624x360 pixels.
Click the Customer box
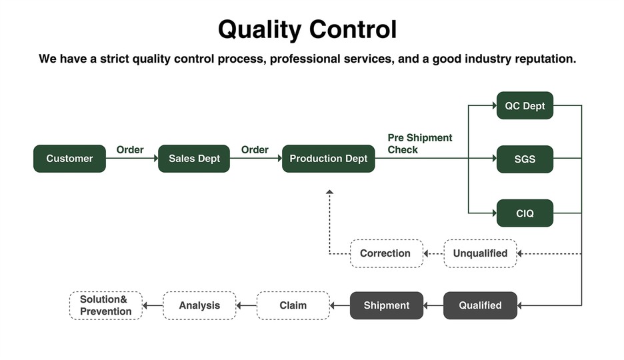click(69, 159)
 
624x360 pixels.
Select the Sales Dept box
click(194, 159)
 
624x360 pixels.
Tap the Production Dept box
click(328, 159)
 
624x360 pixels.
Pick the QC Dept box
click(525, 105)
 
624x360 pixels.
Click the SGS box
click(525, 159)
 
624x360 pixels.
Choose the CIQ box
click(525, 213)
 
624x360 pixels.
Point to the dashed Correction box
click(386, 253)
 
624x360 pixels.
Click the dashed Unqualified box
click(480, 253)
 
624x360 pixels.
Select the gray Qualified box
click(480, 305)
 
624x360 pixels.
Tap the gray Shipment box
click(386, 305)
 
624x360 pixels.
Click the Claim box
click(293, 305)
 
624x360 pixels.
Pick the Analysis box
click(199, 305)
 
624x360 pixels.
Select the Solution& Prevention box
click(106, 305)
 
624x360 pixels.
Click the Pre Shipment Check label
click(419, 143)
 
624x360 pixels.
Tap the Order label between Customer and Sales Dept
click(130, 149)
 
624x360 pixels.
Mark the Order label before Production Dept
click(255, 149)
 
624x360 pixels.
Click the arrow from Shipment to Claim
click(340, 306)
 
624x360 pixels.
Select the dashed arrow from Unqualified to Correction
click(433, 254)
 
